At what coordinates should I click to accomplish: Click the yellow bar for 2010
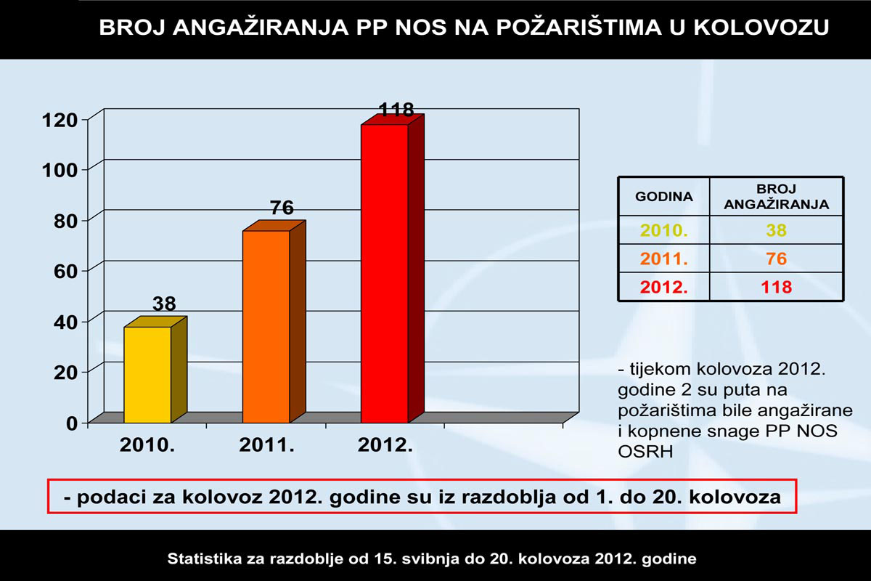click(x=148, y=375)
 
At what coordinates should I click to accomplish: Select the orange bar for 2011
click(x=266, y=327)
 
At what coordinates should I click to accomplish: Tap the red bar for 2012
click(x=385, y=274)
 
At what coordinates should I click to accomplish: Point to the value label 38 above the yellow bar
click(x=164, y=304)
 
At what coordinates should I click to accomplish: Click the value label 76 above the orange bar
click(x=282, y=208)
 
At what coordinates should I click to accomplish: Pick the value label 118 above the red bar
click(x=396, y=110)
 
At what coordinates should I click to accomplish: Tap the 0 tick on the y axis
click(x=72, y=423)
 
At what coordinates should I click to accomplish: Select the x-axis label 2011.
click(x=266, y=446)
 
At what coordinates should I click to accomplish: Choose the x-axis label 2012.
click(x=385, y=446)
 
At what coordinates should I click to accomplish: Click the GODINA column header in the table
click(x=663, y=196)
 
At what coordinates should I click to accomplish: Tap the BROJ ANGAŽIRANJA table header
click(x=777, y=196)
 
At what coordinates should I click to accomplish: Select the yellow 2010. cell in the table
click(x=663, y=231)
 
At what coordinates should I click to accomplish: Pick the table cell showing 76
click(x=777, y=259)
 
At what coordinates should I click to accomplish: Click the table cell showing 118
click(x=777, y=287)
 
